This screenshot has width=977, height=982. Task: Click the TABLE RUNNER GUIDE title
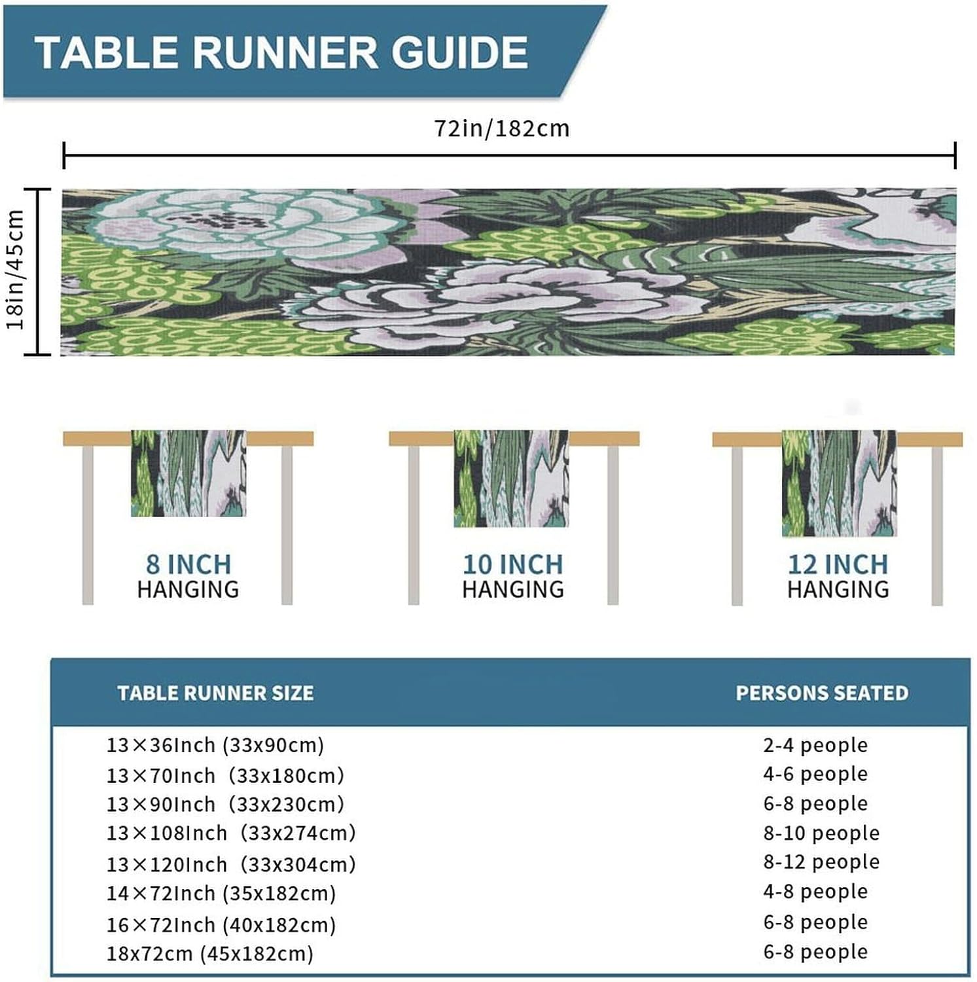(281, 52)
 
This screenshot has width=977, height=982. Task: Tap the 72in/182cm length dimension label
(502, 128)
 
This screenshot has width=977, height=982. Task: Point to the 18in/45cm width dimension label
(15, 270)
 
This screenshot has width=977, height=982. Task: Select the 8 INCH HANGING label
(188, 576)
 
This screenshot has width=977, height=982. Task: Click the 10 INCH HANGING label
(513, 576)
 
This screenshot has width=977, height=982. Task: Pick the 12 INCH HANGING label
(838, 576)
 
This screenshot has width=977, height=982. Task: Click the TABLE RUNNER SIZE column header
(215, 693)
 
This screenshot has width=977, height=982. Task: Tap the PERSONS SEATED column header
(822, 693)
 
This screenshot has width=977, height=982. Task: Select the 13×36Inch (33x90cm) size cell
(215, 745)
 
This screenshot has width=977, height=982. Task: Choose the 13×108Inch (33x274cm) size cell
(231, 833)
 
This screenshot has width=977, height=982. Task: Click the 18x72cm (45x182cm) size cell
(210, 954)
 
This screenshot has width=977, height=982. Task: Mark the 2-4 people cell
(815, 745)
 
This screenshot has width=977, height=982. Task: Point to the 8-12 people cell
(821, 862)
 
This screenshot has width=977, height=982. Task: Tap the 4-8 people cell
(815, 892)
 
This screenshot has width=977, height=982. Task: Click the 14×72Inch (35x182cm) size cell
(221, 894)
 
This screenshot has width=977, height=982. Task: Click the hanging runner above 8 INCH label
(188, 473)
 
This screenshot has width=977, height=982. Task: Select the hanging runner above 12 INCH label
(839, 483)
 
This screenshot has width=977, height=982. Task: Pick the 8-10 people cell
(821, 833)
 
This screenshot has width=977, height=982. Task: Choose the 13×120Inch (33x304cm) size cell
(231, 865)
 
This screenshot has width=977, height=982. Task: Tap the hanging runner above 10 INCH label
(511, 479)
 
